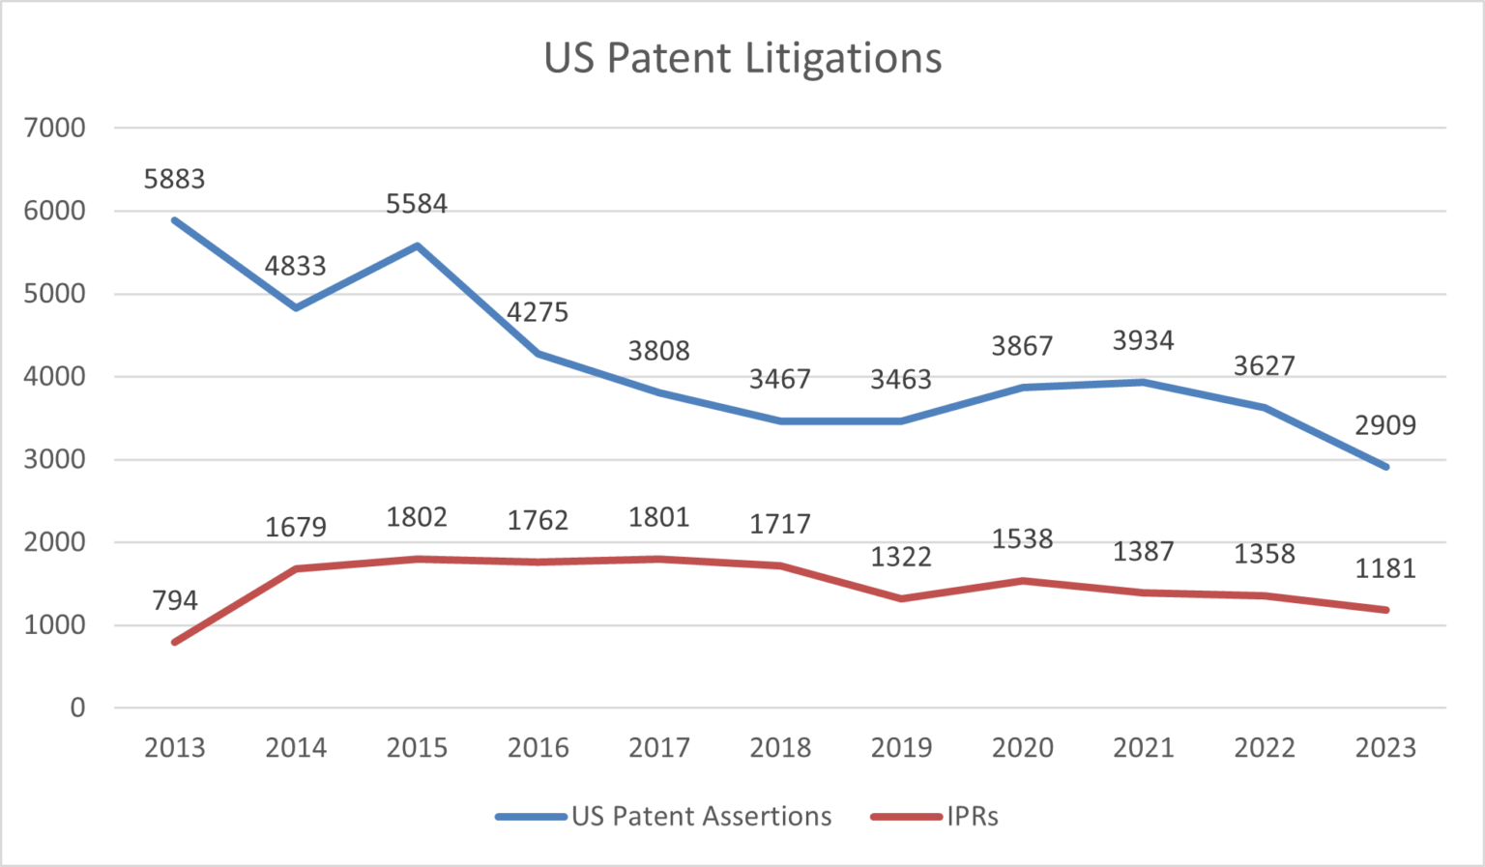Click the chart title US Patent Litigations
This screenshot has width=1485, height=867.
click(x=742, y=58)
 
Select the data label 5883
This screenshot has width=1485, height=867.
click(x=174, y=179)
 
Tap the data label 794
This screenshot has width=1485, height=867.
click(x=174, y=600)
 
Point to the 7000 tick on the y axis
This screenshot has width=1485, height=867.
click(x=55, y=128)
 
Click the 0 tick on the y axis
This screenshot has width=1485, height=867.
click(x=77, y=708)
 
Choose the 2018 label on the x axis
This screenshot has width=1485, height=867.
click(x=780, y=747)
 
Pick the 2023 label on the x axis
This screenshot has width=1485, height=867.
click(x=1385, y=747)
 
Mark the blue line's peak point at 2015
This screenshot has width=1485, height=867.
click(x=417, y=246)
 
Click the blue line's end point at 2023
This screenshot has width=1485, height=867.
click(x=1385, y=467)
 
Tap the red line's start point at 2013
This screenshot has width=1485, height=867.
click(x=175, y=642)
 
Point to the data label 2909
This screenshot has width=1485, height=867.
click(x=1385, y=425)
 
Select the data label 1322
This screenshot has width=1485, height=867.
click(x=901, y=557)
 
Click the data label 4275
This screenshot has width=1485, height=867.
click(x=538, y=312)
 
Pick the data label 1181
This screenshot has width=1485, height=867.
click(x=1385, y=568)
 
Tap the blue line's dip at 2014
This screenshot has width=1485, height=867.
click(x=296, y=307)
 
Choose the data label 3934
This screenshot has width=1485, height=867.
click(x=1143, y=340)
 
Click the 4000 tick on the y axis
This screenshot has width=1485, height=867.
click(x=55, y=377)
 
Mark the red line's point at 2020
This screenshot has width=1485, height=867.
click(x=1022, y=581)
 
